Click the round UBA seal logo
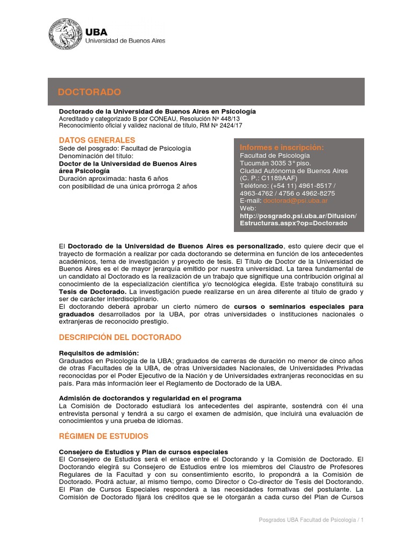tap(66, 34)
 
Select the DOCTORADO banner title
tap(89, 93)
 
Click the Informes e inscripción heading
tap(282, 147)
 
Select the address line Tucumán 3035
tap(266, 163)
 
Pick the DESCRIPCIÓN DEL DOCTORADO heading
tap(120, 337)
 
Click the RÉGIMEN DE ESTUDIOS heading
tap(103, 436)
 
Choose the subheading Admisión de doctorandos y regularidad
tap(146, 398)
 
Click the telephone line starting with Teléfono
tap(287, 186)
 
